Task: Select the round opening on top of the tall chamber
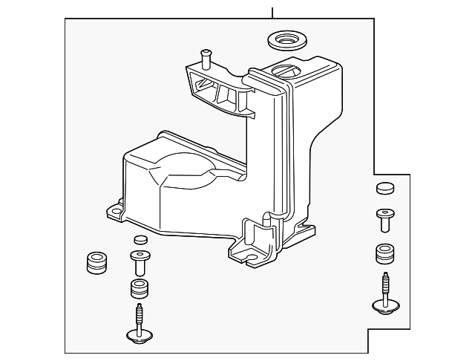286,71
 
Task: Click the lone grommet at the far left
96,263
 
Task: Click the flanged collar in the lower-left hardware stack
139,261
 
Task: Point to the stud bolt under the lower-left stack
139,317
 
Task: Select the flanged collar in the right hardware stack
384,218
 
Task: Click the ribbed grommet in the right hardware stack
384,253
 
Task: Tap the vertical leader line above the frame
272,9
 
